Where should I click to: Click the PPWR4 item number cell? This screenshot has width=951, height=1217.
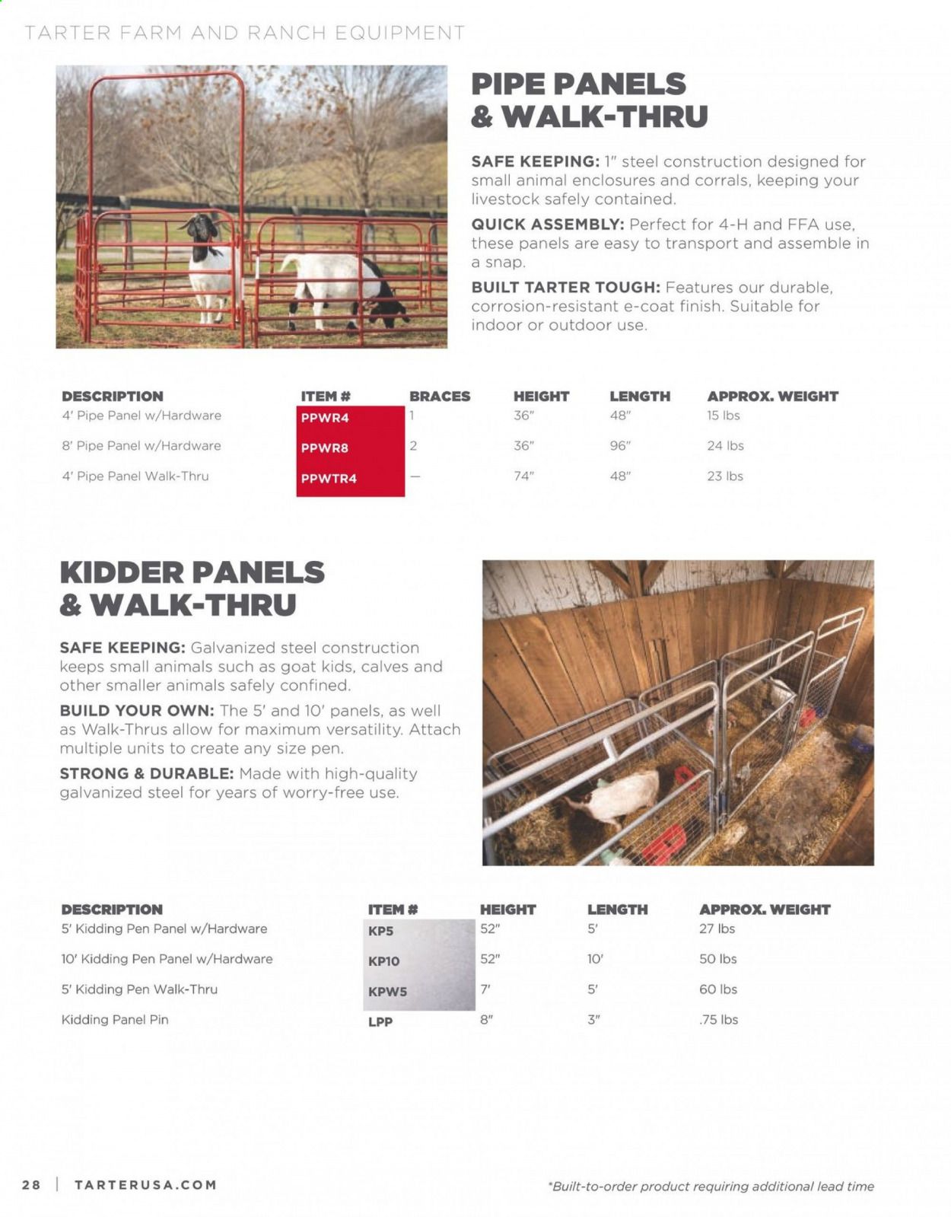[325, 418]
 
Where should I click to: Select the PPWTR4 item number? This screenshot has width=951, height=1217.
[329, 479]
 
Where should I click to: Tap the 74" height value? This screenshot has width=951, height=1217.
[523, 476]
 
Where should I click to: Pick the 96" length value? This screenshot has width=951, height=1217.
[620, 446]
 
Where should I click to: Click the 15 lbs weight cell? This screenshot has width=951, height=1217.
[723, 416]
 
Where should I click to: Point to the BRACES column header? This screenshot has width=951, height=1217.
[440, 397]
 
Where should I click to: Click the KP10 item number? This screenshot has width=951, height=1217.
[383, 961]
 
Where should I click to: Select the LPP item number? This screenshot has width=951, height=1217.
[380, 1021]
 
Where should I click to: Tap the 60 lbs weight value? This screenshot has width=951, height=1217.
[718, 989]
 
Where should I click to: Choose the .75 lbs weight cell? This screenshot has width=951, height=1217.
[718, 1020]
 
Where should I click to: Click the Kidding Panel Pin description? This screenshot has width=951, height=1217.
[115, 1020]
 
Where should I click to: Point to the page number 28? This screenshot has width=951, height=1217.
[31, 1185]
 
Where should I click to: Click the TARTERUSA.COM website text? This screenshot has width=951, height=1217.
[145, 1185]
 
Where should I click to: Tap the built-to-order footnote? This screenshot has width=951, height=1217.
[711, 1187]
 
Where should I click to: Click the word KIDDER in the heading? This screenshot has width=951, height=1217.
[122, 572]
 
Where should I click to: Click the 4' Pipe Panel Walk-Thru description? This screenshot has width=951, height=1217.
[135, 476]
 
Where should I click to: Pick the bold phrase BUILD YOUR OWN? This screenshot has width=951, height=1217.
[137, 711]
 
